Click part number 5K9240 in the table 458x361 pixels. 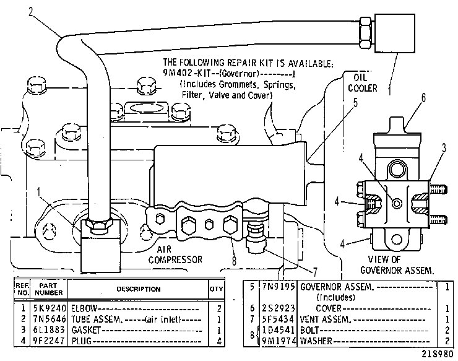50,308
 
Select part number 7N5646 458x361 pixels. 50,319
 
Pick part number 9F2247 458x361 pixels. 50,341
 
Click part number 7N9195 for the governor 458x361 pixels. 279,287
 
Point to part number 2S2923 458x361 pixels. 279,308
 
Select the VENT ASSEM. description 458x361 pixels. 326,319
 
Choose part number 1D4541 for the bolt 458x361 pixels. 279,330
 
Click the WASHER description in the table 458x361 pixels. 316,341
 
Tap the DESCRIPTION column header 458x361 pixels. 139,289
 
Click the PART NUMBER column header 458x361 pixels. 49,289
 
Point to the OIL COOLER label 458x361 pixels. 363,83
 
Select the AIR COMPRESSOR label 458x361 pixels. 175,254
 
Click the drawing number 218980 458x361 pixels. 437,354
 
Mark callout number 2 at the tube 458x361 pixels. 31,12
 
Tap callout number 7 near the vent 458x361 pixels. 315,272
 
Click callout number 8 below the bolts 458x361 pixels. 234,261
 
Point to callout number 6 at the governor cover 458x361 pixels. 423,98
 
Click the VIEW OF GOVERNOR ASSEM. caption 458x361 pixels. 396,265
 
